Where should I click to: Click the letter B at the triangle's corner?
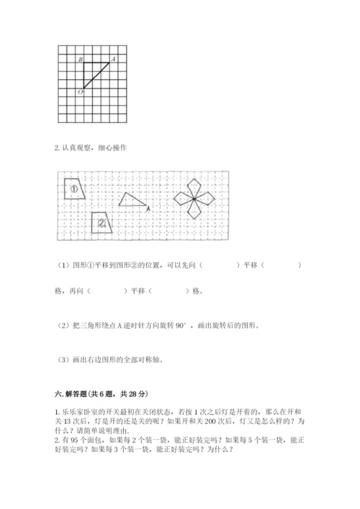point(79,59)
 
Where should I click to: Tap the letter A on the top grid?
point(114,58)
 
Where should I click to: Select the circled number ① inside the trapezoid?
point(74,189)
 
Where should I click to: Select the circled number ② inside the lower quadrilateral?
point(102,223)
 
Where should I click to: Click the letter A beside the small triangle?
point(148,209)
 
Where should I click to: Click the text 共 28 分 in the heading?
point(132,394)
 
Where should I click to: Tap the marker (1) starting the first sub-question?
point(60,266)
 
